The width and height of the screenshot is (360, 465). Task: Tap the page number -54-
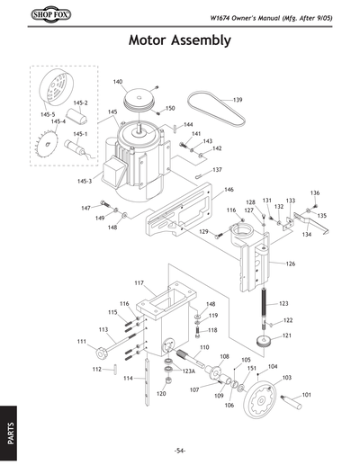pos(180,450)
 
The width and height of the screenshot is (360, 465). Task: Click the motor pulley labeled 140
pos(139,98)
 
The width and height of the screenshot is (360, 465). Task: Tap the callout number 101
pos(306,395)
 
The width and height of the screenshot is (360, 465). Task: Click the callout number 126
pos(290,264)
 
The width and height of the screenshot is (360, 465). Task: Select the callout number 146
pos(229,190)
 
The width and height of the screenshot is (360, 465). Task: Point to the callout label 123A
pos(189,371)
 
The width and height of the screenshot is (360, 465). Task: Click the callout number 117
pos(139,283)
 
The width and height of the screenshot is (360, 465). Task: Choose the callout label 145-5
pos(47,114)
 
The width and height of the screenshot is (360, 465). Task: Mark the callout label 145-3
pos(85,182)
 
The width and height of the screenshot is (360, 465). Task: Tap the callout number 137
pos(217,169)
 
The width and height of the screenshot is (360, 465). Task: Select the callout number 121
pos(287,335)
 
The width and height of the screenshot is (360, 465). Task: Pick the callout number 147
pos(85,208)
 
